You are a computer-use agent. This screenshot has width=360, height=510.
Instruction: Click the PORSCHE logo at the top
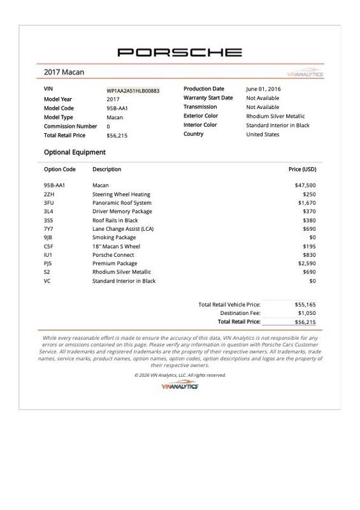pos(180,52)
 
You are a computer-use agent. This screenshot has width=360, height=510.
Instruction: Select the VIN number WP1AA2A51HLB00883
pos(133,91)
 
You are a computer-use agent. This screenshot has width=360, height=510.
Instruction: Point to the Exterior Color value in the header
pos(275,117)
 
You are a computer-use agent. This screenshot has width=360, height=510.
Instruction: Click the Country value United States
pos(263,135)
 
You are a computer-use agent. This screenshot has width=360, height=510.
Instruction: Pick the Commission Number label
pos(70,126)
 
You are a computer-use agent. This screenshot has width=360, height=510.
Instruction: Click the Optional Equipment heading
pos(75,152)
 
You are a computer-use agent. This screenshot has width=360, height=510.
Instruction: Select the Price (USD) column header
pos(303,170)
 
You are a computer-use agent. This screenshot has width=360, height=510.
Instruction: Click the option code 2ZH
pos(49,194)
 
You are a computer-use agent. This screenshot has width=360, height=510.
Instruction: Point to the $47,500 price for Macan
pos(305,186)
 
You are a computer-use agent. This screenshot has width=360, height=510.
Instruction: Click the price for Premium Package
pos(306,263)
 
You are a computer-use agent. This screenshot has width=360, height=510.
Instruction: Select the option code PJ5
pos(48,263)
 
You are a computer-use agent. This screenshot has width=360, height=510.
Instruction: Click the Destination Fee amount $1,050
pos(306,314)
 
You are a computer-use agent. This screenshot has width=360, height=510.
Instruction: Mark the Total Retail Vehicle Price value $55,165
pos(305,305)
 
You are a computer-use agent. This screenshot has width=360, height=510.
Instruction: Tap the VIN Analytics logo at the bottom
pos(180,386)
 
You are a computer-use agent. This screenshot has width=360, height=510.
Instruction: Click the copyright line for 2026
pos(180,375)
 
